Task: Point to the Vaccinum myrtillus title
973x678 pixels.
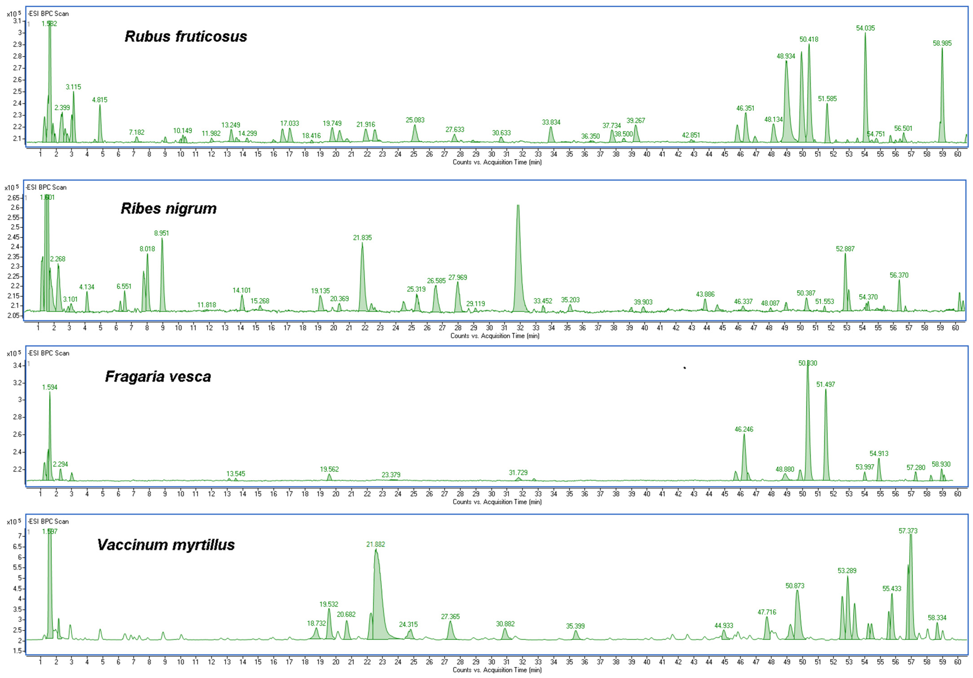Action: (x=166, y=545)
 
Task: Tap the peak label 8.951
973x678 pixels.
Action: (x=162, y=233)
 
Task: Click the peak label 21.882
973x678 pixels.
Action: (x=376, y=544)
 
